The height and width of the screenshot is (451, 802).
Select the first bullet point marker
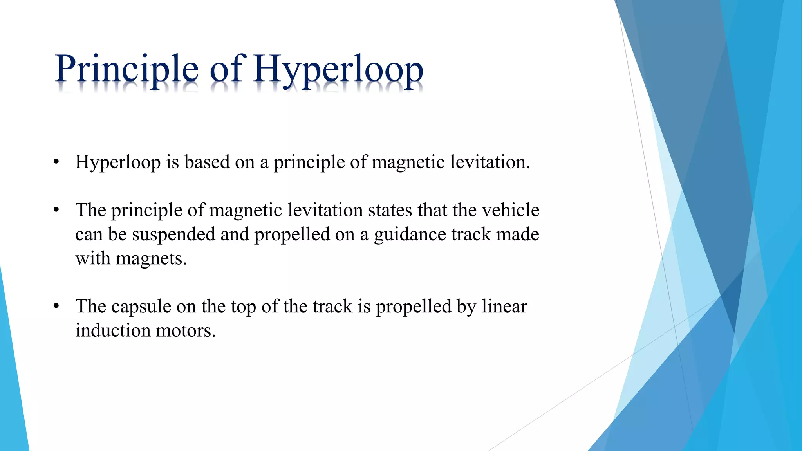pyautogui.click(x=56, y=162)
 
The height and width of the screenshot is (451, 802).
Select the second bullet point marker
pyautogui.click(x=56, y=210)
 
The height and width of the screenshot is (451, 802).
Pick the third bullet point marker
pyautogui.click(x=56, y=306)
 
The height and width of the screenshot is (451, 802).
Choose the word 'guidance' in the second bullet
pyautogui.click(x=410, y=235)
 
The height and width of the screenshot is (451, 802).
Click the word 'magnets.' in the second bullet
pyautogui.click(x=151, y=259)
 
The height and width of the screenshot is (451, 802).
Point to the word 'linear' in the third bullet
pyautogui.click(x=504, y=306)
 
